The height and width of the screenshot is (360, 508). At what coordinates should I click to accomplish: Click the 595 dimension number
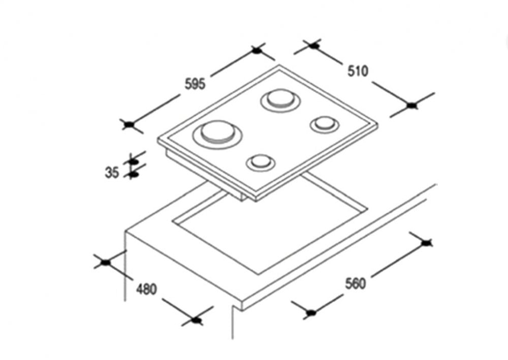click(195, 84)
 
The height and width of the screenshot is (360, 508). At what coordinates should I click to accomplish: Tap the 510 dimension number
click(358, 71)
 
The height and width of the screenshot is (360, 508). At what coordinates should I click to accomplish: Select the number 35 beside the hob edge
click(112, 172)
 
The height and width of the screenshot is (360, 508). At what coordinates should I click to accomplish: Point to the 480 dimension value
click(146, 289)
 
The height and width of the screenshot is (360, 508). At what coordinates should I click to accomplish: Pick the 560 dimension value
click(355, 283)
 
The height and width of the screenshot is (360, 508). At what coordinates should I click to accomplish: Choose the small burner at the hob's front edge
click(261, 162)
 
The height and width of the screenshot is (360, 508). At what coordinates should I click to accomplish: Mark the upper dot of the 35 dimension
click(134, 161)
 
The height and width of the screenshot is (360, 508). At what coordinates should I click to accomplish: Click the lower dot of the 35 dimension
click(134, 174)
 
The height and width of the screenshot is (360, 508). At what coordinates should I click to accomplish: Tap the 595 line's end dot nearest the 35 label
click(130, 124)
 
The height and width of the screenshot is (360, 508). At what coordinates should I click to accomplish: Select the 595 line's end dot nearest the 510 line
click(257, 50)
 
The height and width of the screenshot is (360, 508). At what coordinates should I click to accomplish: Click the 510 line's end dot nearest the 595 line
click(314, 46)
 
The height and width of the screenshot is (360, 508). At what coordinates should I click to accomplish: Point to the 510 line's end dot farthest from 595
click(411, 105)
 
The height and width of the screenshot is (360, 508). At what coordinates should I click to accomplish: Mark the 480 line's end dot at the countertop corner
click(106, 262)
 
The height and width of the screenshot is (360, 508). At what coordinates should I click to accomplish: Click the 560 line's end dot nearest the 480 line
click(312, 312)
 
